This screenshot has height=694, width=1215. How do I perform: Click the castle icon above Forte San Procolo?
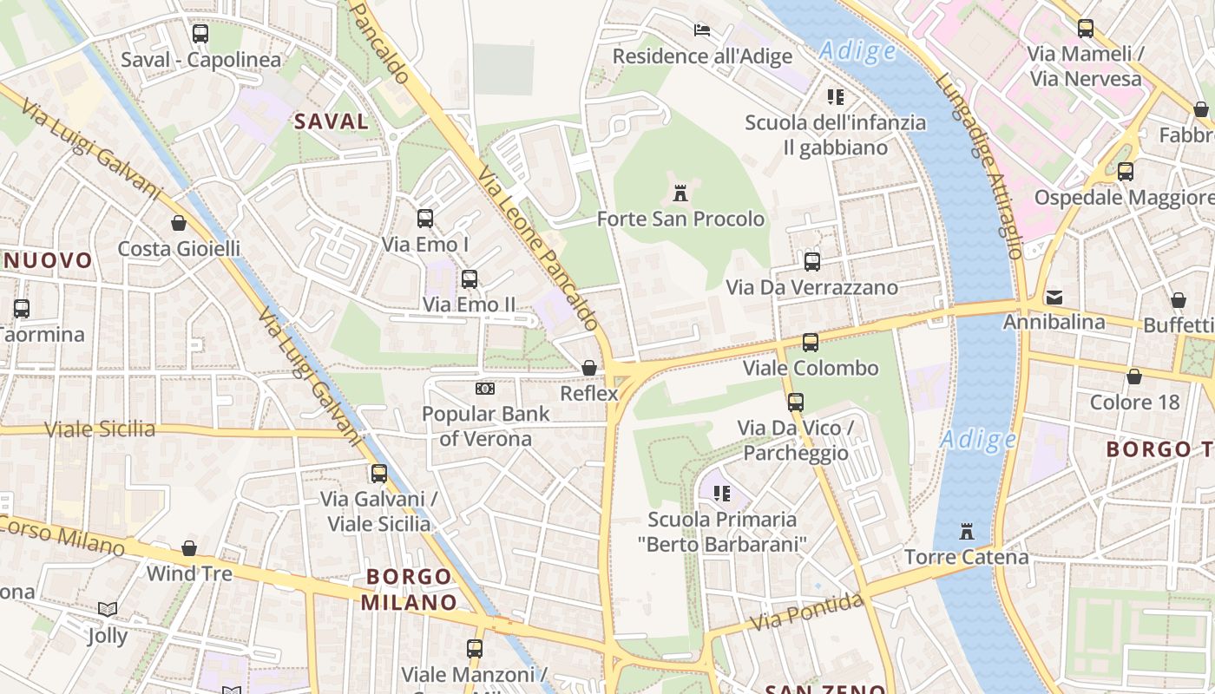(x=680, y=193)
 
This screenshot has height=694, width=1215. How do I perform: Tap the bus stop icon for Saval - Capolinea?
(x=200, y=34)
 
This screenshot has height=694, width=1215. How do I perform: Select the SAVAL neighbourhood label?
(x=332, y=121)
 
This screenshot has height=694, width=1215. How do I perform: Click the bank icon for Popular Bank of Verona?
(x=485, y=388)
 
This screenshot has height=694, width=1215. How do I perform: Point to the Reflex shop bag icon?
(x=589, y=368)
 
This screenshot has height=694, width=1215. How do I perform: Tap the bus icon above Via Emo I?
(x=424, y=219)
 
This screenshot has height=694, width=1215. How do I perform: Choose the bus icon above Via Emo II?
(x=470, y=278)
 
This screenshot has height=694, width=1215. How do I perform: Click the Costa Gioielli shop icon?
(x=179, y=223)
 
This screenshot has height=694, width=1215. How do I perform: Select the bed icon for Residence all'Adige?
(x=702, y=30)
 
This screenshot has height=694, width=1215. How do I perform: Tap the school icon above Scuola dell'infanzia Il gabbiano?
(x=836, y=96)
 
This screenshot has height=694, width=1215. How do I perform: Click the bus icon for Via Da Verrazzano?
(x=811, y=261)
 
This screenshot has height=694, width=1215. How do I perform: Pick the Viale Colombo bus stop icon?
(x=810, y=342)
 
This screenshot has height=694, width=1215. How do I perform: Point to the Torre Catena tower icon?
(x=967, y=531)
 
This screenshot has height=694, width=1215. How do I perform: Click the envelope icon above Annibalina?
(x=1054, y=297)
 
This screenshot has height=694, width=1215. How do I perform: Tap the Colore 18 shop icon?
(x=1134, y=376)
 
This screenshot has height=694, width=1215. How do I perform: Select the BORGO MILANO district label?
(x=409, y=589)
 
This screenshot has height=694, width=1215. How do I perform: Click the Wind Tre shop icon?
(x=189, y=548)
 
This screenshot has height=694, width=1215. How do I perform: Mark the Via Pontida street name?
(x=808, y=612)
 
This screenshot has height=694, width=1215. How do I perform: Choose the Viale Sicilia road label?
(x=101, y=429)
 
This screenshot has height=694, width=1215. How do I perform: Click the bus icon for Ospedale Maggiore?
(x=1126, y=171)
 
